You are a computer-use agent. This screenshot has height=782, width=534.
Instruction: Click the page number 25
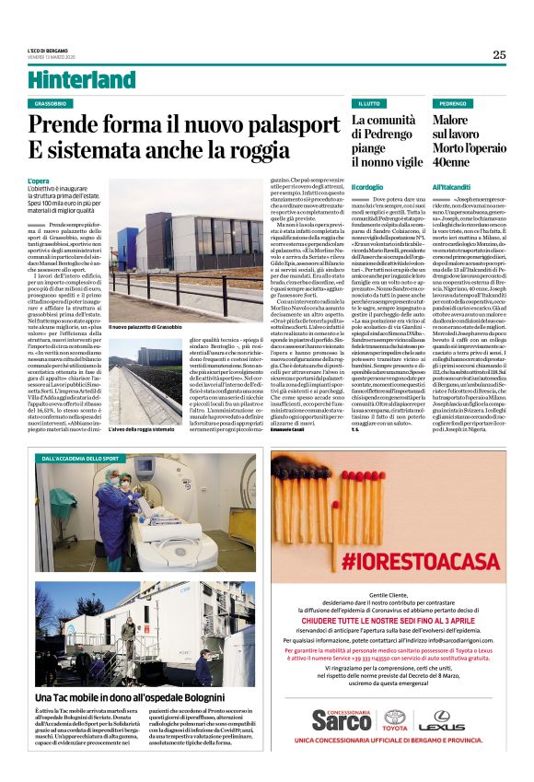click(499, 54)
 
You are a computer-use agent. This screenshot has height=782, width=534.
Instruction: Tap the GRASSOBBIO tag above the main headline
click(54, 104)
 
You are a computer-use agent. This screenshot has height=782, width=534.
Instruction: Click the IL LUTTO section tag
click(370, 104)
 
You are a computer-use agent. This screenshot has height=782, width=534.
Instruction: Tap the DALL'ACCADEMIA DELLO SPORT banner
click(81, 458)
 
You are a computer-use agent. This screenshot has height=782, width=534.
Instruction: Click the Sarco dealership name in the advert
click(342, 722)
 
